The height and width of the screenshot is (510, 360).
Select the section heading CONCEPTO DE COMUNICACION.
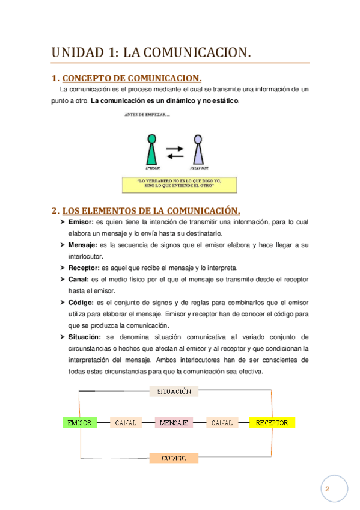click(132, 78)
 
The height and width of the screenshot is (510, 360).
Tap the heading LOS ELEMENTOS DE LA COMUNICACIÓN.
click(151, 210)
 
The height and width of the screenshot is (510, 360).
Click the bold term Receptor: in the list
click(85, 268)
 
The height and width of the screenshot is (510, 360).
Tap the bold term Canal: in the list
click(79, 279)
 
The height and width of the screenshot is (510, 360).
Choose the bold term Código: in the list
click(82, 302)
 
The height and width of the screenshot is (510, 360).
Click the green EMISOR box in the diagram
click(79, 423)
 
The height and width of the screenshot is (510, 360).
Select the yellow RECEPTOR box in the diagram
click(272, 423)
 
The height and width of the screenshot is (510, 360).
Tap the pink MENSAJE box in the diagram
click(174, 423)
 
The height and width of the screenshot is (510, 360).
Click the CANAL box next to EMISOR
click(126, 423)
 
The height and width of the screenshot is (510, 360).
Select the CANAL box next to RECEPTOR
click(222, 423)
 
